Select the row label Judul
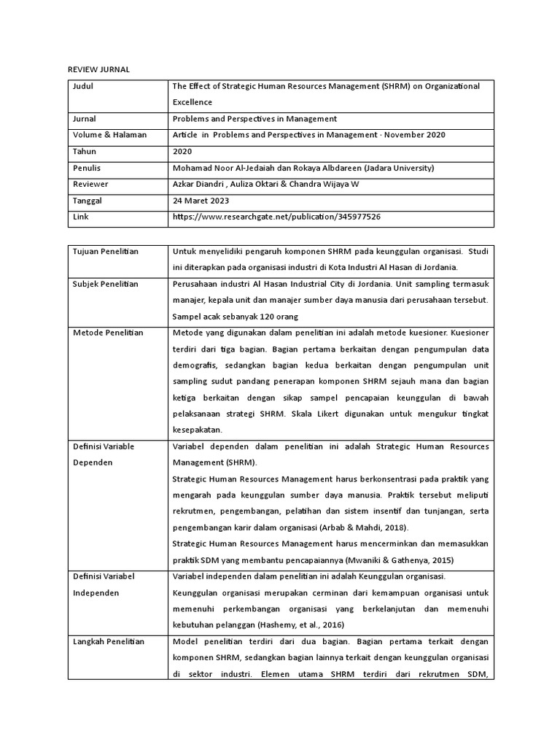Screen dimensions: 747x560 [x=84, y=86]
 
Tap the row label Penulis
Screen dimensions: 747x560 [x=87, y=168]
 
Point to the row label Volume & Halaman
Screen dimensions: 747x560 [x=109, y=135]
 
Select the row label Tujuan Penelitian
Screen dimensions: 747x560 [x=106, y=252]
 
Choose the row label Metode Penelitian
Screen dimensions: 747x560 [x=108, y=333]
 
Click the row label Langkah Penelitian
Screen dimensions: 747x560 [x=109, y=642]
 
